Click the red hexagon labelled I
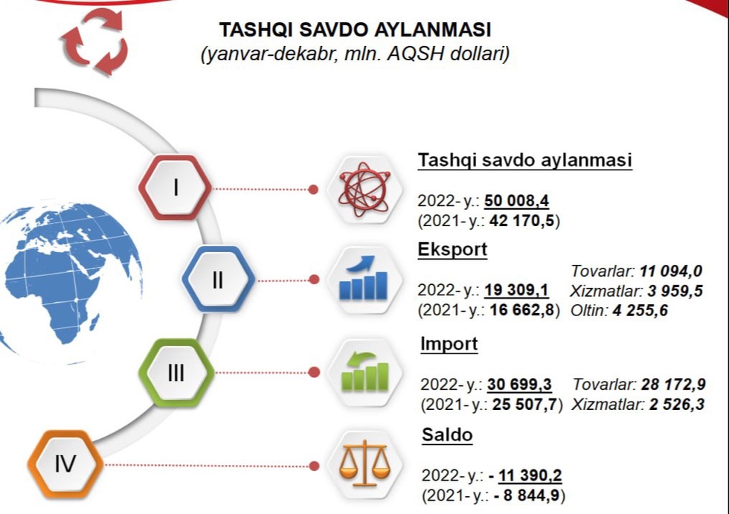coord(176,187)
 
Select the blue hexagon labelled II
coord(218,279)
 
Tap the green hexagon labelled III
coord(176,373)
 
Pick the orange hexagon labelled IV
coord(65,463)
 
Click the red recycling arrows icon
coord(94,42)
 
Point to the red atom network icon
coord(364,190)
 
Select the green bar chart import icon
coord(365,371)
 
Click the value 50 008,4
coord(516,201)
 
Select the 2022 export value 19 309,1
coord(516,290)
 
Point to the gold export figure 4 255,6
coord(640,310)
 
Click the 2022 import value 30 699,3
coord(519,385)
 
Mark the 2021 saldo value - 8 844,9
coord(527,495)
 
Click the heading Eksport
coord(452,250)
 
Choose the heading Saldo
coord(447,435)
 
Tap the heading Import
coord(449,344)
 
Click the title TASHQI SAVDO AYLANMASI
coord(356,30)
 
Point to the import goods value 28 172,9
coord(673,385)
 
